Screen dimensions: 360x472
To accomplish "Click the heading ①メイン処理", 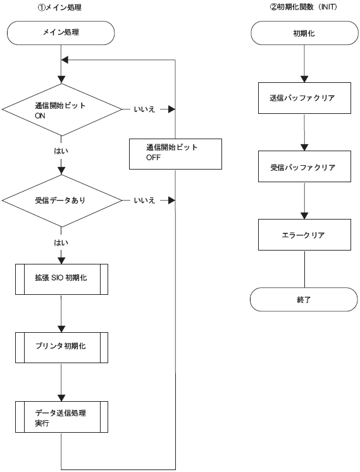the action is tap(59, 7).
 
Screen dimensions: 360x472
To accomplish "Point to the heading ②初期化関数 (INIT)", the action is tap(304, 7).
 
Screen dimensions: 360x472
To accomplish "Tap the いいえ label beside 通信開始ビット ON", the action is tap(144, 109).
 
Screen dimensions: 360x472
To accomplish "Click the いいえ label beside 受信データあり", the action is tap(144, 200).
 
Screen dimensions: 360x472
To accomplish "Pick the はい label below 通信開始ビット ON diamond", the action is tap(61, 151).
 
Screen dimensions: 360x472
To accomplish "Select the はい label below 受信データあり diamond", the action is tap(61, 242).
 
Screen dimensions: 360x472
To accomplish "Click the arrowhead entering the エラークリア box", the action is tap(304, 216).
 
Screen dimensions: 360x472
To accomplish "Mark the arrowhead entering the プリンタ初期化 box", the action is tap(61, 329).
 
